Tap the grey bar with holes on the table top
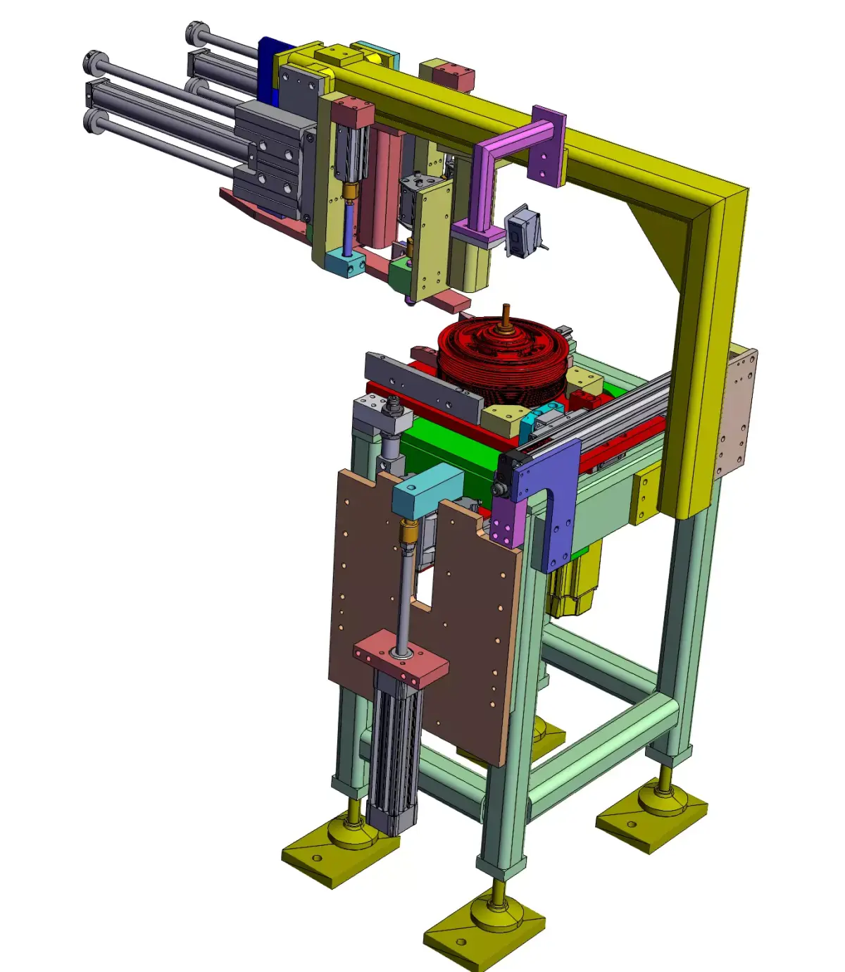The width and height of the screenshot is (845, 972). click(x=423, y=384)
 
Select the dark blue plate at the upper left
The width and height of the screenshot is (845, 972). click(x=267, y=67)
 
